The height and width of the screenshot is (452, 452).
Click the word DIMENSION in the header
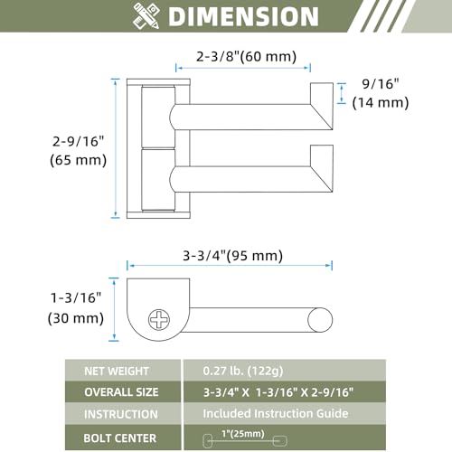coord(243,16)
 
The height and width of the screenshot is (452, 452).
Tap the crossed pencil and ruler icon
coord(146,16)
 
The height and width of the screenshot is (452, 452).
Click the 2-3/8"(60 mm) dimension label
coord(246,56)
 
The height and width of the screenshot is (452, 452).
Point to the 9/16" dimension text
coord(381,84)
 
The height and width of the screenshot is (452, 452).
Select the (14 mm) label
coord(381,103)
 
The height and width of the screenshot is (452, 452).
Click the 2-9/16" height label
coord(78,141)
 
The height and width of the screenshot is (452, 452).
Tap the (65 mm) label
coord(78,160)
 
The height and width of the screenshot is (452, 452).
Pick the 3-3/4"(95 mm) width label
coord(232,256)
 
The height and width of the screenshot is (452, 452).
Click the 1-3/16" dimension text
coord(76,297)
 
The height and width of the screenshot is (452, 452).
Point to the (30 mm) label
coord(76,318)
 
